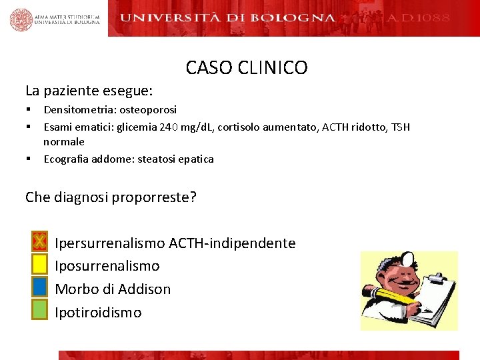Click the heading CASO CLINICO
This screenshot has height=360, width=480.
247,68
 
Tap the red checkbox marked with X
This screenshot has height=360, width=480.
39,241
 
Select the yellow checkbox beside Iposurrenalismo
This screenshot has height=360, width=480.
39,264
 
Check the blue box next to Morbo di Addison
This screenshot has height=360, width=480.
39,287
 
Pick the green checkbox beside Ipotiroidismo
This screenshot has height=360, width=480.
39,309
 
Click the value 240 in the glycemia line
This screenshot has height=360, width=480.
169,127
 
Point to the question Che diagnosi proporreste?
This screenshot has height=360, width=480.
111,197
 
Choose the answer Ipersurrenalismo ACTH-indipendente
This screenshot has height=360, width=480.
175,243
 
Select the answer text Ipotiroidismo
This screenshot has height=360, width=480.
98,312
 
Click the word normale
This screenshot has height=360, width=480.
64,142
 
